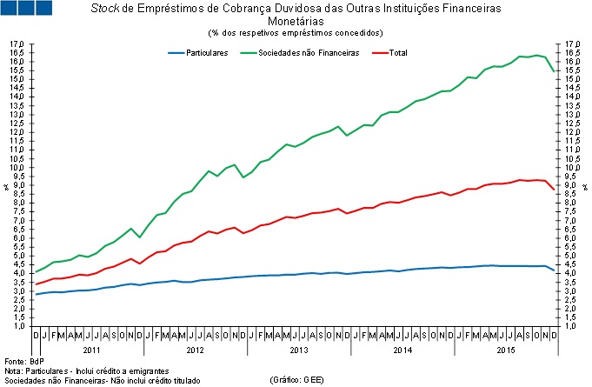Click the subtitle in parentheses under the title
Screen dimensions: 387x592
tap(295, 33)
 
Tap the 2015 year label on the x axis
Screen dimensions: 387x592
tap(505, 349)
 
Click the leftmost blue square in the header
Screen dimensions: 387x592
tap(12, 9)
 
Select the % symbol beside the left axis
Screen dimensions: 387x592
tap(5, 185)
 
